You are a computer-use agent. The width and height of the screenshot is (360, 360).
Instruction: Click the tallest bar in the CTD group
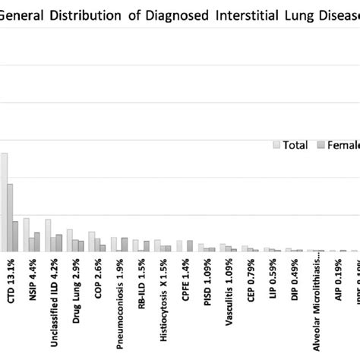point(4,202)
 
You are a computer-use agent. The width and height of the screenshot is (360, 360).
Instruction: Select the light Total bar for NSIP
point(26,235)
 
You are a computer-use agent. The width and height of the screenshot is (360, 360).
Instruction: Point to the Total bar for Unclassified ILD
point(48,235)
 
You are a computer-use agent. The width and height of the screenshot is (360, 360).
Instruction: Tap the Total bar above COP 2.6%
point(91,242)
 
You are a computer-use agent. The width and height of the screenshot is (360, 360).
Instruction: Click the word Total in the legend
point(295,145)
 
